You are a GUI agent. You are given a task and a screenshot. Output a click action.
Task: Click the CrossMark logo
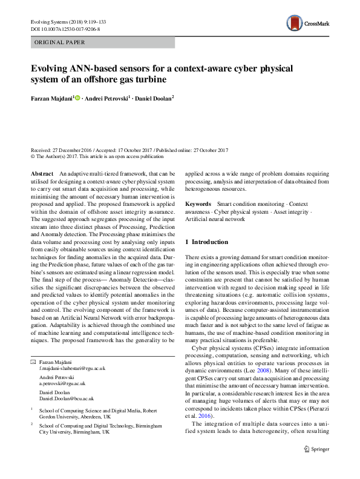click(307, 23)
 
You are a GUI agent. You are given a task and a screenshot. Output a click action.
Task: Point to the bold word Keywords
click(197, 205)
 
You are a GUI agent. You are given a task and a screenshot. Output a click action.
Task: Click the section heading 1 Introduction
click(206, 242)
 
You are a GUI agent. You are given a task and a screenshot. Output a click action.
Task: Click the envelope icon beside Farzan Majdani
click(33, 362)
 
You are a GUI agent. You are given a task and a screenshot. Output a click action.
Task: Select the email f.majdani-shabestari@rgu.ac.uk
click(72, 368)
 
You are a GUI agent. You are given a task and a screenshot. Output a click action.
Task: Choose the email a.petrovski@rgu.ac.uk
click(64, 384)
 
